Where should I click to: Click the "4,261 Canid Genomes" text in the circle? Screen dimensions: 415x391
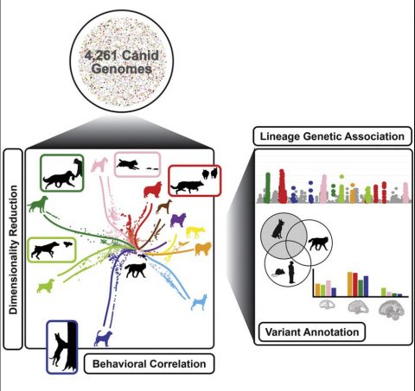click(122, 62)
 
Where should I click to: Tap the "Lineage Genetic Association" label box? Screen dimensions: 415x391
click(332, 136)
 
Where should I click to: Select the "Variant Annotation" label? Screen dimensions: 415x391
click(312, 332)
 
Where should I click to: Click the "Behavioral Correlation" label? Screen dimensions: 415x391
click(149, 363)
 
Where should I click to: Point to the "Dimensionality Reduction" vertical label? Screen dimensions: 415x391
click(13, 249)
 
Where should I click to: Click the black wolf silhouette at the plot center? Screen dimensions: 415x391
click(136, 270)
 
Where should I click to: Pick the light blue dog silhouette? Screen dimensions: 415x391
click(199, 302)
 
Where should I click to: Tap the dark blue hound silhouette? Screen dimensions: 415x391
click(103, 338)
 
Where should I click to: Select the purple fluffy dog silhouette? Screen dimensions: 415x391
click(178, 220)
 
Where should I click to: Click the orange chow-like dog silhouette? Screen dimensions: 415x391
click(203, 249)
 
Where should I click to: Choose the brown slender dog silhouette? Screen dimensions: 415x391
click(164, 207)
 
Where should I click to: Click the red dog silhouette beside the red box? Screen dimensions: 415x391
click(153, 190)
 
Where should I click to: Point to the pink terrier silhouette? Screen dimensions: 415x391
click(99, 165)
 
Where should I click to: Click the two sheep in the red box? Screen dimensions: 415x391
click(210, 173)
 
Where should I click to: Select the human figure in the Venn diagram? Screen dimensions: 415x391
click(291, 273)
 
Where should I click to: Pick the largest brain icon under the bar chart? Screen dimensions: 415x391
click(392, 310)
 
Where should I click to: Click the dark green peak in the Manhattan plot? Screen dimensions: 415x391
click(267, 187)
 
